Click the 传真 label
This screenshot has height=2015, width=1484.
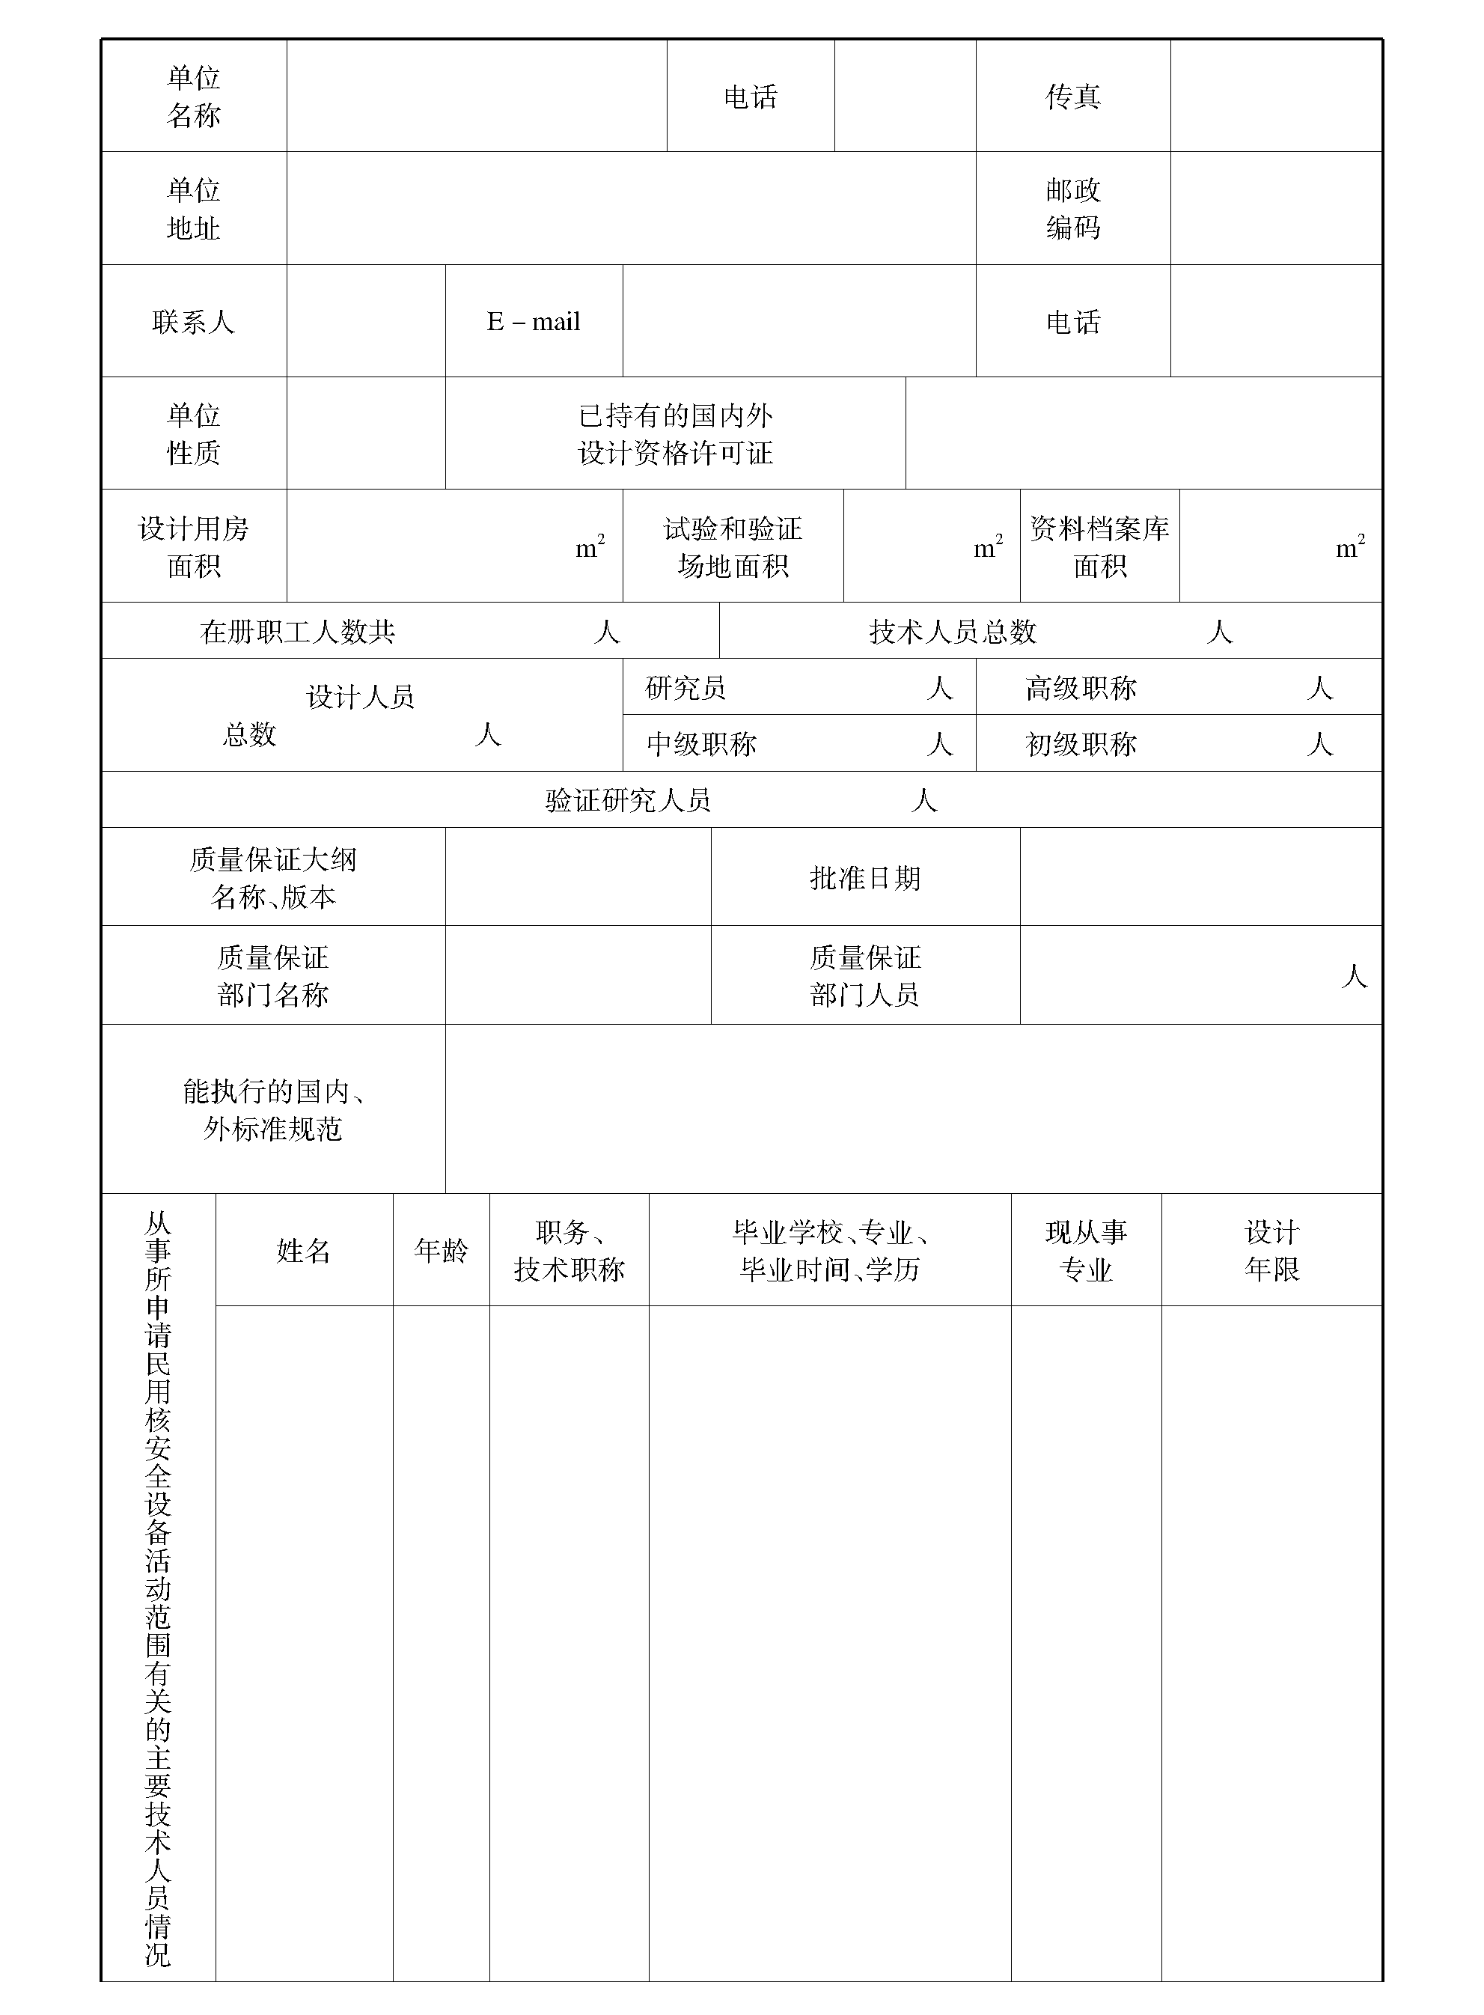(x=1072, y=96)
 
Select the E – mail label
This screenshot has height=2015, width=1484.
(x=533, y=322)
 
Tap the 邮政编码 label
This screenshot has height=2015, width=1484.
(x=1072, y=208)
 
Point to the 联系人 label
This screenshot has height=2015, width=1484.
(x=193, y=322)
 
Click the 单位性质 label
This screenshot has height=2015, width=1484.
(x=193, y=434)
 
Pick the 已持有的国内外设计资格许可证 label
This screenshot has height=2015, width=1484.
(x=676, y=434)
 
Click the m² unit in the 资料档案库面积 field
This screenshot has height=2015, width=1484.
(x=1349, y=547)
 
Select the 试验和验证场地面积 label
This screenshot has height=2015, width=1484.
(x=732, y=547)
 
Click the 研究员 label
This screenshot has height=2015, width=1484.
(x=685, y=688)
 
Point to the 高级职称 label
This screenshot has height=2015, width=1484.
(x=1081, y=688)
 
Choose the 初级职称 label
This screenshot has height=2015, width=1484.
(x=1081, y=744)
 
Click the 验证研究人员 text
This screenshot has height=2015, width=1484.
(x=628, y=800)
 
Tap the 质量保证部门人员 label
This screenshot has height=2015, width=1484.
(x=865, y=975)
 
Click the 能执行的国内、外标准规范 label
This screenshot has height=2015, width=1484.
(x=273, y=1109)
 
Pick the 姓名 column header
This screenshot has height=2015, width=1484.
(x=304, y=1251)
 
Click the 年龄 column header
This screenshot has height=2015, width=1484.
(x=441, y=1251)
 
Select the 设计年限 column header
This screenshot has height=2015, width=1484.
(x=1272, y=1251)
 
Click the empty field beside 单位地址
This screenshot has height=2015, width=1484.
(x=631, y=208)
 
